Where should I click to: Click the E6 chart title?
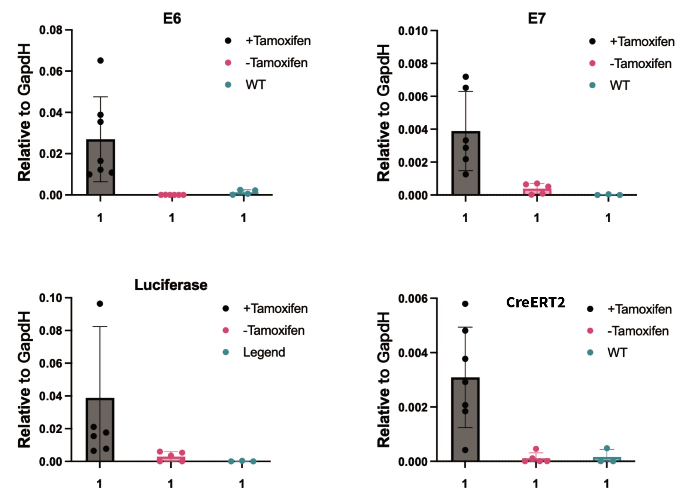pyautogui.click(x=172, y=18)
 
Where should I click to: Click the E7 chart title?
pyautogui.click(x=537, y=18)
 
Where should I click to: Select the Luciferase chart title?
pyautogui.click(x=171, y=285)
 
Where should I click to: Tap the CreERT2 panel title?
pyautogui.click(x=535, y=303)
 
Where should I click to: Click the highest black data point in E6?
pyautogui.click(x=100, y=61)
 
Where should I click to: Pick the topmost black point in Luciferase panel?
pyautogui.click(x=100, y=304)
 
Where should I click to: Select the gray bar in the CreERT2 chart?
pyautogui.click(x=465, y=419)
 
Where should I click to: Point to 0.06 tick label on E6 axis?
pyautogui.click(x=51, y=71)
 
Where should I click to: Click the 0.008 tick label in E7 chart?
pyautogui.click(x=413, y=64)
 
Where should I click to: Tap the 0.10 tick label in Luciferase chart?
pyautogui.click(x=51, y=298)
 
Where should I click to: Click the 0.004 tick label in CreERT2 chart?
pyautogui.click(x=413, y=353)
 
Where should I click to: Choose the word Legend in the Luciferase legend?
pyautogui.click(x=264, y=352)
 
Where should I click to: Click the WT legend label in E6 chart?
pyautogui.click(x=255, y=85)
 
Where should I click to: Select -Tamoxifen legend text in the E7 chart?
pyautogui.click(x=640, y=64)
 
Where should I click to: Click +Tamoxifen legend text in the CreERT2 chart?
pyautogui.click(x=639, y=309)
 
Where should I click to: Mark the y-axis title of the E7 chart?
pyautogui.click(x=383, y=112)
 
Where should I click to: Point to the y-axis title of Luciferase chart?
pyautogui.click(x=24, y=379)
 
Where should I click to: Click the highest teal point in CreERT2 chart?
pyautogui.click(x=607, y=449)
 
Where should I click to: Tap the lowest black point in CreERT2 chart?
pyautogui.click(x=465, y=450)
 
